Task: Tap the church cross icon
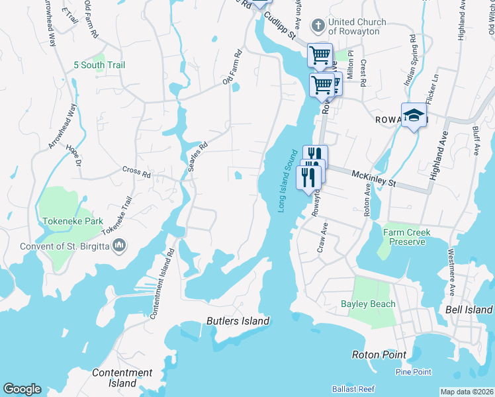tap(318, 26)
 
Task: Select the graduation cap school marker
tap(414, 115)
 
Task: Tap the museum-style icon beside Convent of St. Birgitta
tap(120, 246)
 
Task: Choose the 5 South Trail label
tap(99, 65)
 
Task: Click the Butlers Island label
tap(238, 321)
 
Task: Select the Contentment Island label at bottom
tap(122, 378)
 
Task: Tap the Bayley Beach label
tap(368, 304)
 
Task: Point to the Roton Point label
tap(379, 355)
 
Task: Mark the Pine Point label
tap(413, 372)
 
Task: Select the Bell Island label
tap(469, 310)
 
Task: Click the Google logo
tap(22, 389)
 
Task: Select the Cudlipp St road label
tap(278, 24)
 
